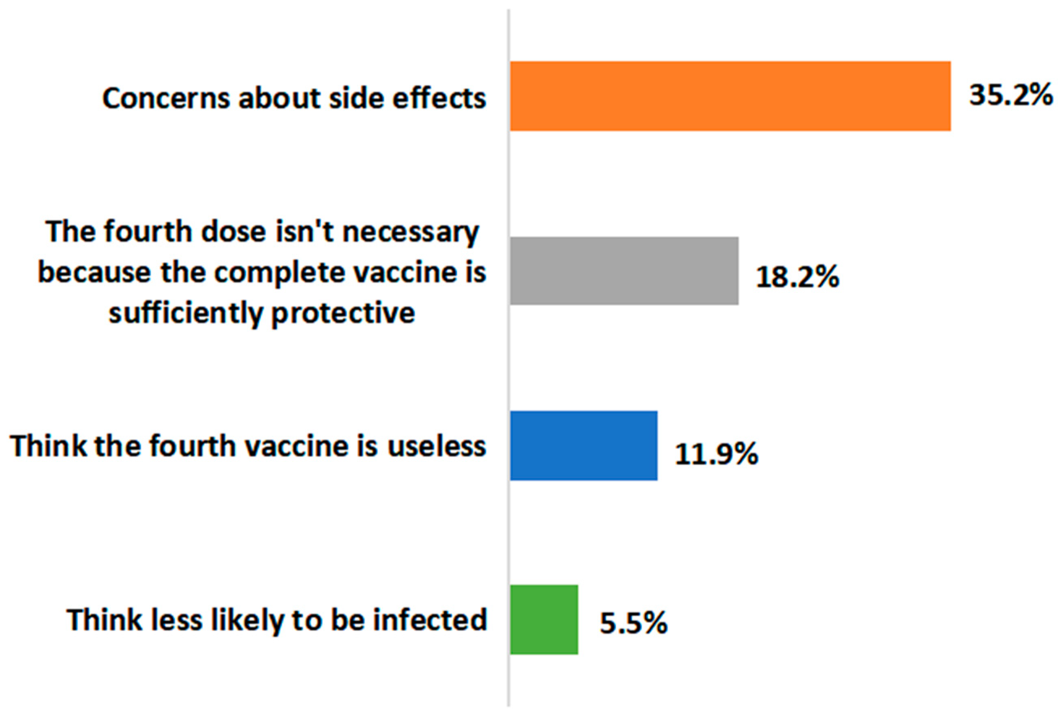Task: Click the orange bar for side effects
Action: (730, 96)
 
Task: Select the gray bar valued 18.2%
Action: (624, 271)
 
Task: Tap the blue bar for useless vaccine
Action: (583, 446)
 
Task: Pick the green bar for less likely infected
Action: (544, 620)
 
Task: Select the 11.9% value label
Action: (716, 454)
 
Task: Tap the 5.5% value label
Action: (633, 623)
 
